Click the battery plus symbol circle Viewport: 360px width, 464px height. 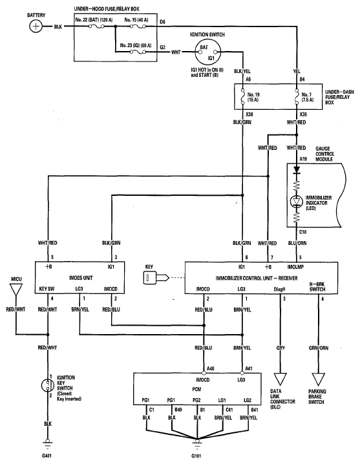[x=36, y=26]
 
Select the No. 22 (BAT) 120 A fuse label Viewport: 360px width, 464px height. [x=94, y=20]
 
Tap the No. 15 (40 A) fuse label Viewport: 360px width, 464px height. [x=136, y=20]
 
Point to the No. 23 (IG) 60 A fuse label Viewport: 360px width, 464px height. [x=136, y=45]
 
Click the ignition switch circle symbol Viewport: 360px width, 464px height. [x=208, y=52]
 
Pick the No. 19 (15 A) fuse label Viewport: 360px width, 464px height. [x=253, y=97]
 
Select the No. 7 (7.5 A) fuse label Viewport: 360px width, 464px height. [x=307, y=97]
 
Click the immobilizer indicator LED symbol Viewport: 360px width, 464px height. [x=297, y=202]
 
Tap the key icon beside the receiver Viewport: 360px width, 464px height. [x=156, y=278]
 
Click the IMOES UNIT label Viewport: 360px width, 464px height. [x=81, y=278]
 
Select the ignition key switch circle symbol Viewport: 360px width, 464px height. [x=47, y=385]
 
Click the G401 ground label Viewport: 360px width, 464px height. [x=47, y=456]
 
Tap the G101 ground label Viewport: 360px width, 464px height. [x=196, y=456]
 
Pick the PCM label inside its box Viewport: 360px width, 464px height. [x=196, y=389]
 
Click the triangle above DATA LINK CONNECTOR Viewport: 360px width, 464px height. [x=280, y=379]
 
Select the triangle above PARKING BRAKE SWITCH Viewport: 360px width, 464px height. [x=319, y=379]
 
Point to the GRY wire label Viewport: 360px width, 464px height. [x=281, y=348]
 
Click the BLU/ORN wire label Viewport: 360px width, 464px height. [x=297, y=243]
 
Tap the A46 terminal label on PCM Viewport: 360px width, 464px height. [x=210, y=368]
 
